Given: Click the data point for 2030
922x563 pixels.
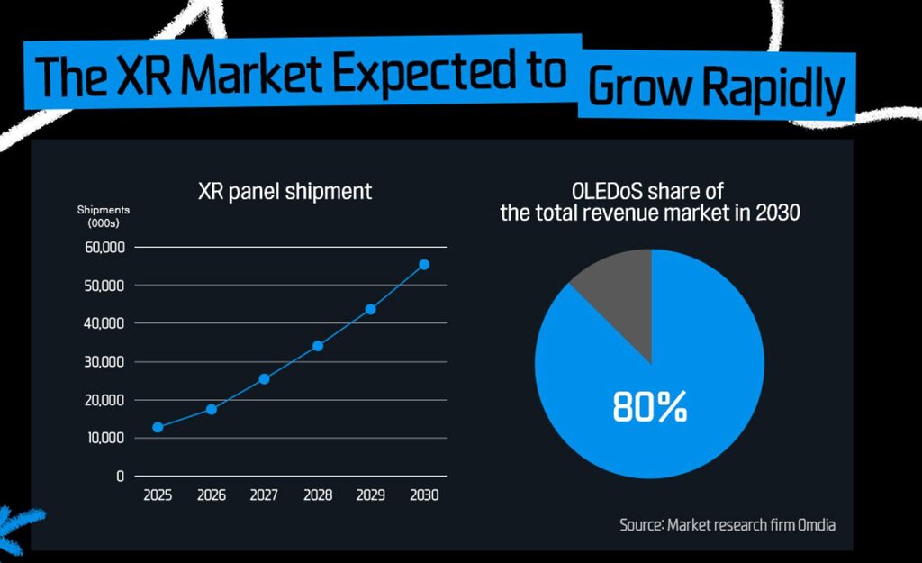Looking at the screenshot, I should (x=424, y=265).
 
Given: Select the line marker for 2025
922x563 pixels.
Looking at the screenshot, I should (x=158, y=427).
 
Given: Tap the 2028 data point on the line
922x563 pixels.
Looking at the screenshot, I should (x=318, y=346).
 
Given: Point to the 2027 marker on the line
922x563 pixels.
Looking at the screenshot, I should (x=264, y=379).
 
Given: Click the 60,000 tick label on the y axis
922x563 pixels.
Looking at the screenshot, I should (x=104, y=247).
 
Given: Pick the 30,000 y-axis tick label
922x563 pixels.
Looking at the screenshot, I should (x=104, y=362).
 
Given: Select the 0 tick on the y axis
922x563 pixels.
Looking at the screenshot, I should (x=120, y=477).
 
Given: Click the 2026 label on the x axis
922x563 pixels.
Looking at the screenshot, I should (x=211, y=495).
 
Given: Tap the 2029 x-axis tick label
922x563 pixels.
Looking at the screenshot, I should (x=371, y=495).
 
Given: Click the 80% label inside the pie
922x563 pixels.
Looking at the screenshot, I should (x=650, y=408).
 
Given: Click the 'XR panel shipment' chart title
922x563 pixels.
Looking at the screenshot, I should (x=285, y=191).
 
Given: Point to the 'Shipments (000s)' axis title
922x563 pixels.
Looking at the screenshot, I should (x=103, y=216).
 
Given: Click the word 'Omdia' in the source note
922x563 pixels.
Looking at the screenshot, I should (x=818, y=524).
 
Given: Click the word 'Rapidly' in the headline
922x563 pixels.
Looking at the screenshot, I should (x=773, y=87).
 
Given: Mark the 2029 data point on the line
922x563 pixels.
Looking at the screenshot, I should (x=370, y=310).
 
